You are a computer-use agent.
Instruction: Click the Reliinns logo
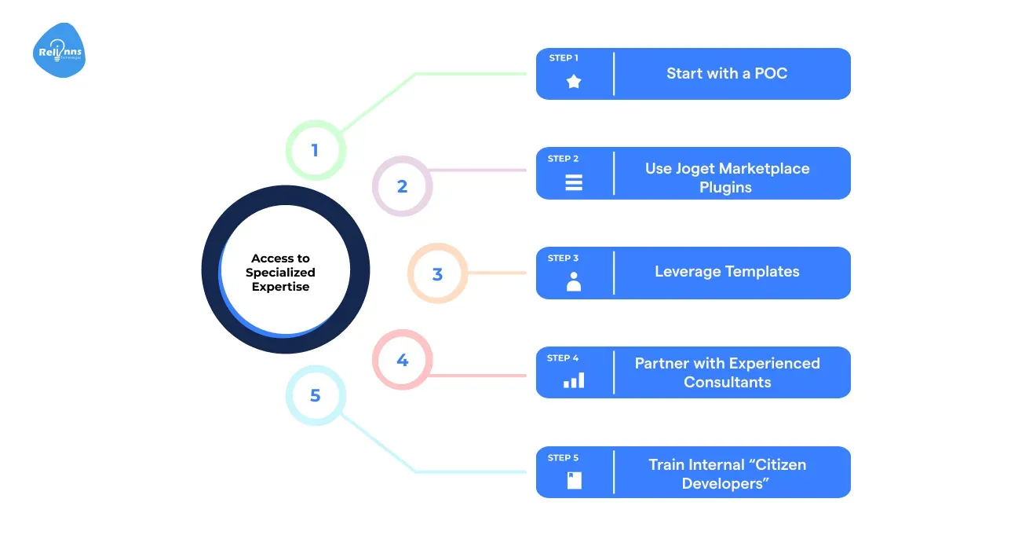[x=60, y=51]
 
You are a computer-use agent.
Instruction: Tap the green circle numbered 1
[x=315, y=150]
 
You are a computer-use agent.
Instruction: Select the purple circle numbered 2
[x=402, y=186]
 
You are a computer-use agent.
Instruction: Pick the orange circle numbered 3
[x=437, y=274]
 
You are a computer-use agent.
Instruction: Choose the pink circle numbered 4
[x=402, y=361]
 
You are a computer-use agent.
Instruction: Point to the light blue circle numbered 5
[x=315, y=395]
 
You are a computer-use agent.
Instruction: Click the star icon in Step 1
[x=574, y=81]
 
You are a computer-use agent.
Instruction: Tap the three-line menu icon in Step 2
[x=574, y=182]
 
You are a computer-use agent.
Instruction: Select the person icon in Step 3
[x=574, y=281]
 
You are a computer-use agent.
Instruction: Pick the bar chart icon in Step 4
[x=574, y=381]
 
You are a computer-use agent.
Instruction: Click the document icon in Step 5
[x=574, y=480]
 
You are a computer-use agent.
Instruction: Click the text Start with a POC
[x=727, y=74]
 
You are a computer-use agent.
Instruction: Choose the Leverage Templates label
[x=727, y=272]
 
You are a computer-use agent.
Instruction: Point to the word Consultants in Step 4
[x=727, y=383]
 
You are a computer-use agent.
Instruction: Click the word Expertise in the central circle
[x=280, y=287]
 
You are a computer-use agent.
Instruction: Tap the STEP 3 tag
[x=564, y=258]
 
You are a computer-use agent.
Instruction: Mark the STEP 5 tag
[x=564, y=458]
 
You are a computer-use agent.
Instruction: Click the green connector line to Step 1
[x=471, y=74]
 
